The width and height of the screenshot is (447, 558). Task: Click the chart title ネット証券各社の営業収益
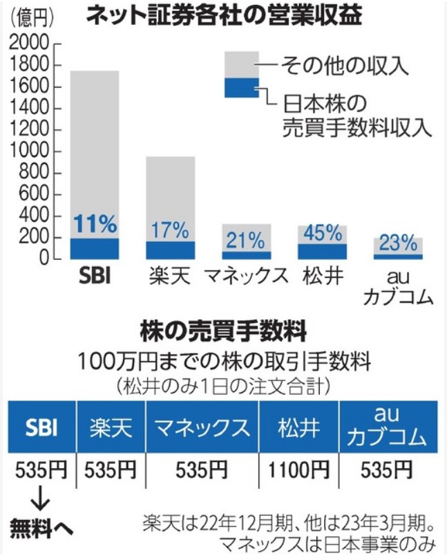[225, 16]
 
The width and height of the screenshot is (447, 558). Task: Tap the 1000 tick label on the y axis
[28, 151]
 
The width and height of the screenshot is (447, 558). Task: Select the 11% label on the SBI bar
[95, 223]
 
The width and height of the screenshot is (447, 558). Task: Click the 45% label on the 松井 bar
[323, 233]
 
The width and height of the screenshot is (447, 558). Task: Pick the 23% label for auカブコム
[398, 243]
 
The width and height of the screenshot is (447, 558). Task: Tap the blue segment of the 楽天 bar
[171, 250]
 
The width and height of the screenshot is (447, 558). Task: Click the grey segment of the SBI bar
[95, 154]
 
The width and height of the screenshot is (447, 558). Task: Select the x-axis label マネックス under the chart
[246, 277]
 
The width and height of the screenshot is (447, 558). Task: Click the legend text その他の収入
[345, 66]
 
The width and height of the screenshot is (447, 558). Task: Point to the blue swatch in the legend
[242, 88]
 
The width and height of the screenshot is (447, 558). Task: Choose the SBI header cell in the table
[42, 427]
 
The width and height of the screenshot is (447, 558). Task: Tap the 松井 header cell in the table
[299, 427]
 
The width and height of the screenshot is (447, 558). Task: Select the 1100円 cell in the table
[298, 470]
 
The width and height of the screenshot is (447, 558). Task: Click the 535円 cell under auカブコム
[386, 470]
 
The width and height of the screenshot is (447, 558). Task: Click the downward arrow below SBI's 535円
[40, 503]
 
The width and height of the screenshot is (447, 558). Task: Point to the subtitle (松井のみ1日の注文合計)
[223, 387]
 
